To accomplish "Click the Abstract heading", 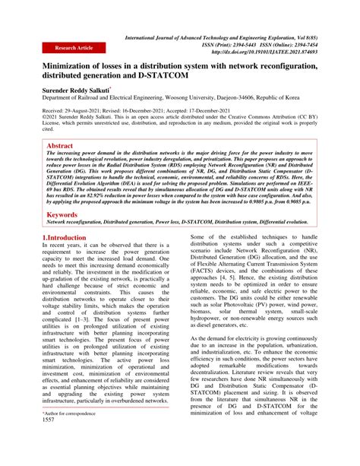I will pyautogui.click(x=61, y=144).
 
